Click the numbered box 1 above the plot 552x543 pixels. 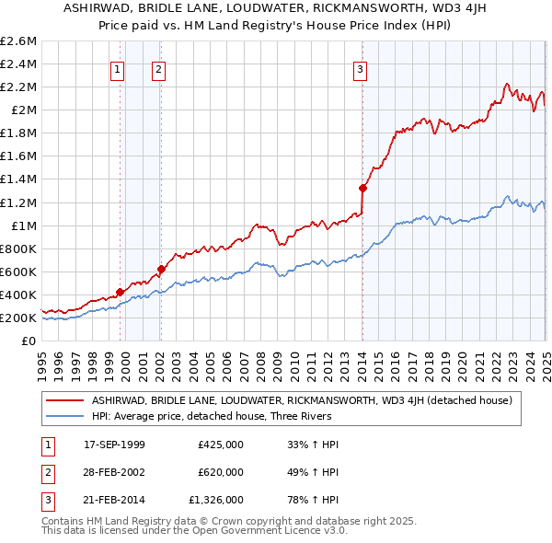[118, 69]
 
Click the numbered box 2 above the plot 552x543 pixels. [158, 69]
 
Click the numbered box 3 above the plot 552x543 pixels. [360, 69]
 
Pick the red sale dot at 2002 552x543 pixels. [161, 270]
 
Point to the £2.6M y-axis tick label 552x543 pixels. [18, 41]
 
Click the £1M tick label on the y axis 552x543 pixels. [22, 225]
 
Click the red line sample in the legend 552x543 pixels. [64, 399]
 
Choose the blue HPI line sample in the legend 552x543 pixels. [64, 415]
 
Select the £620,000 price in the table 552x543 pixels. [220, 472]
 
